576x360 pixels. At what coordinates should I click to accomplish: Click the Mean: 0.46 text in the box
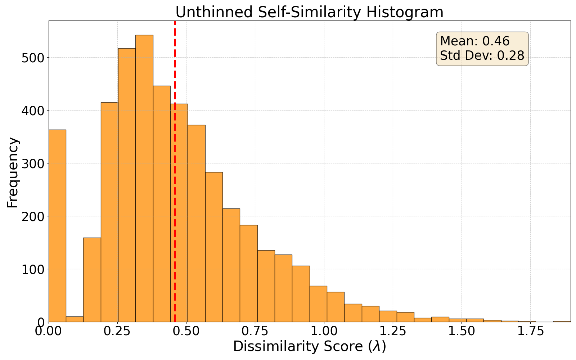pos(475,41)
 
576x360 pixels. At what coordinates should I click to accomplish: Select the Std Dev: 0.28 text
pos(482,56)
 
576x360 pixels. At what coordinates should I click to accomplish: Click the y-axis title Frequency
pos(13,172)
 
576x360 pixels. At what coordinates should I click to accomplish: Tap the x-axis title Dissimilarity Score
pos(298,346)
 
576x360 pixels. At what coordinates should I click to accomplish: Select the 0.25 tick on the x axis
pos(117,331)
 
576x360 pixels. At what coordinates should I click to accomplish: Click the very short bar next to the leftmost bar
pos(75,319)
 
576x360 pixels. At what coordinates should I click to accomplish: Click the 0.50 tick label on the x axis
pos(186,331)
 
